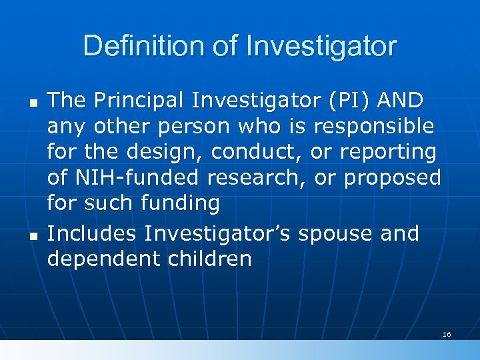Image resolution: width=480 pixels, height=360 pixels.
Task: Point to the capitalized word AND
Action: coord(399,101)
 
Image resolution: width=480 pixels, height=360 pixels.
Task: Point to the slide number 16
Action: coord(447,334)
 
